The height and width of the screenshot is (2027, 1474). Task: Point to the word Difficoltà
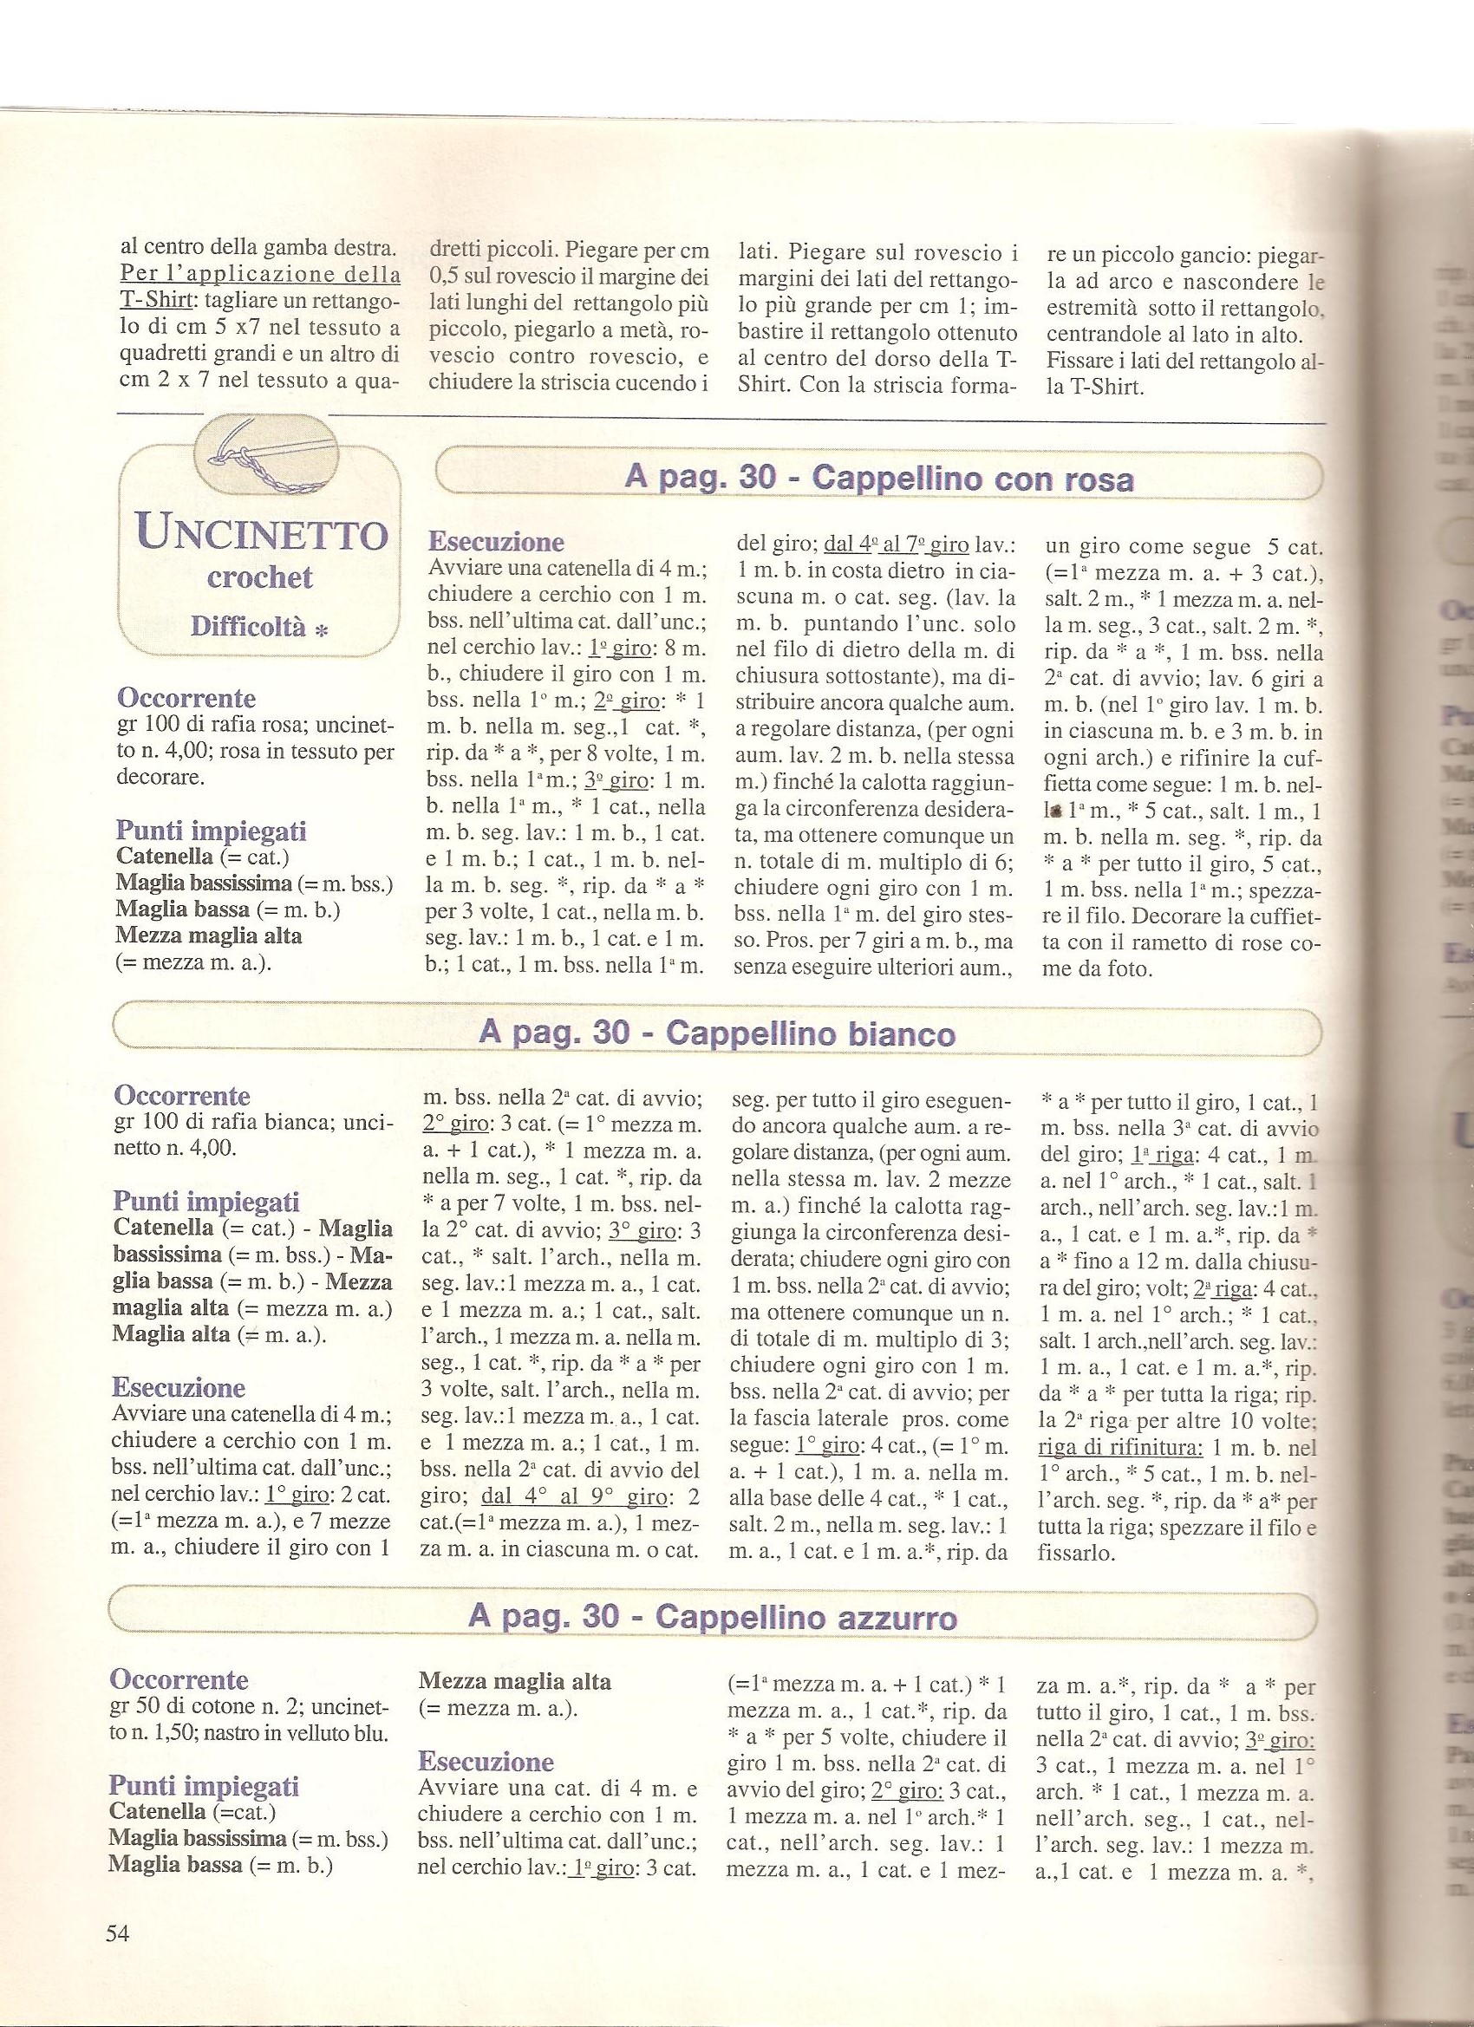248,627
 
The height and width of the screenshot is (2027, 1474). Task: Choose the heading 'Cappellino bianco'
717,1034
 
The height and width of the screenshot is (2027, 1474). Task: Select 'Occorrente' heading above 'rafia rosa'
186,698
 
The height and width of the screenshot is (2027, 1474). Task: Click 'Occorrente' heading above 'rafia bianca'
182,1096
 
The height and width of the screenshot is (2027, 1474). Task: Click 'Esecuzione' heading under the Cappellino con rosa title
496,542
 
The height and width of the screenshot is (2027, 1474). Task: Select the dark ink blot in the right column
1056,812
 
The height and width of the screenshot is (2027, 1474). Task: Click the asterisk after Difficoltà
321,630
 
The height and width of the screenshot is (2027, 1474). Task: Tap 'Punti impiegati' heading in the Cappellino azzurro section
204,1762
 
